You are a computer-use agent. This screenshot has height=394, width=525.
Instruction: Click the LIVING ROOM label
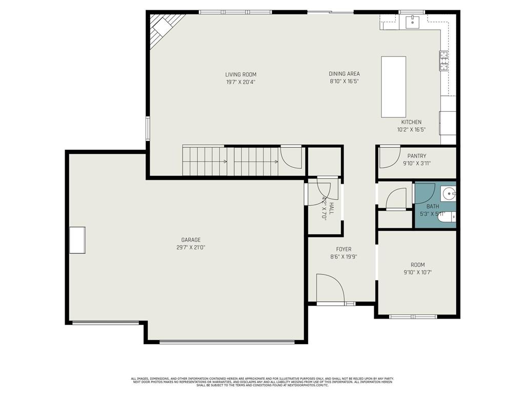click(240, 74)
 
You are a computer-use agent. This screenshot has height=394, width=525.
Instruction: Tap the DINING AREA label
click(344, 74)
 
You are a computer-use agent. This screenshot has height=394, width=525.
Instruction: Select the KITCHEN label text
click(411, 122)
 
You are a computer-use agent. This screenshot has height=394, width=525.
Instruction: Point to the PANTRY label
click(416, 156)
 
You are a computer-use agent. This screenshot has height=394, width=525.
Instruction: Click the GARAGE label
click(191, 240)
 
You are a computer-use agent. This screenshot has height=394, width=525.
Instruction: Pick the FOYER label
click(343, 249)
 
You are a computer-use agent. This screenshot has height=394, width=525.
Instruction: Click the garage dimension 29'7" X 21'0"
click(191, 247)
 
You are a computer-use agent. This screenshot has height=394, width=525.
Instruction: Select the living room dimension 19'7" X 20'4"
click(240, 82)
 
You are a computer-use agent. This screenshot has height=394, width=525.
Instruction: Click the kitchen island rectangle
click(394, 87)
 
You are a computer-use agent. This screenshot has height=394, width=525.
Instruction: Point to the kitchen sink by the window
click(412, 22)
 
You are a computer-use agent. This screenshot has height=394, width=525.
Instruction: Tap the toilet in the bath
click(449, 218)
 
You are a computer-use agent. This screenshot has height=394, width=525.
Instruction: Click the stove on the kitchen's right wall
click(444, 61)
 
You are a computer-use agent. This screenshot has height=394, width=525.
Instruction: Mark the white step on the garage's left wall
click(77, 240)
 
